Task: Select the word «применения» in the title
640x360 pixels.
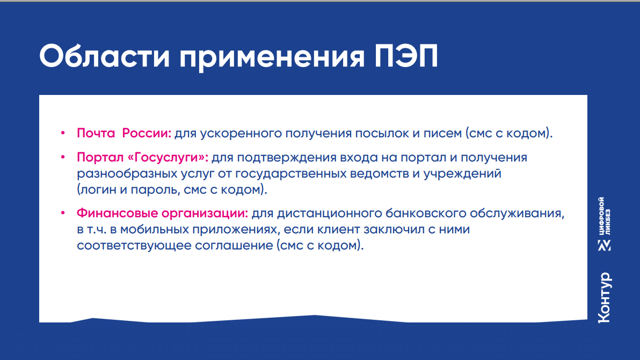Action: [272, 57]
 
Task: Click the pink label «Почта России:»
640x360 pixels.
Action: [124, 133]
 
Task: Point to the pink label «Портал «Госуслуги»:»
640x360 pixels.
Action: [142, 157]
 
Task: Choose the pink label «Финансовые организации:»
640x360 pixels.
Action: [163, 213]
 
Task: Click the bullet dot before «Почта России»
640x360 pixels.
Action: [63, 133]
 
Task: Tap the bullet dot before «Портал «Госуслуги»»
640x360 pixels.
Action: [63, 157]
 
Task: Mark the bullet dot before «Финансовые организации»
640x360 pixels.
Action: [63, 213]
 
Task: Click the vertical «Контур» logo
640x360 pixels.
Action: [605, 298]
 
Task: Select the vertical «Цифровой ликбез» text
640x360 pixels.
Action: [605, 216]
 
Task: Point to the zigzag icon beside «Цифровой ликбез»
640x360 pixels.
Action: [605, 245]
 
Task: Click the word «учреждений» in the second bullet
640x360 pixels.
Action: [462, 174]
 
